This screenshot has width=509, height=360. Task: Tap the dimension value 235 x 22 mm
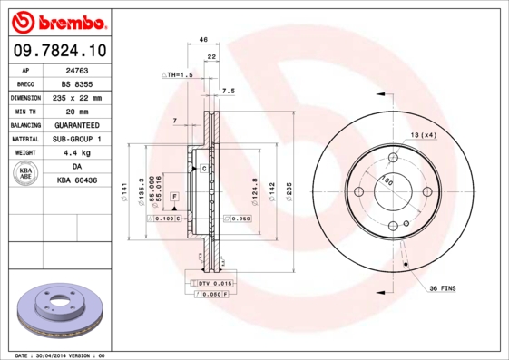(76, 96)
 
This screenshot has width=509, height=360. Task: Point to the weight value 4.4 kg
(76, 153)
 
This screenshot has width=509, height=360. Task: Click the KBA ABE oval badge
(24, 173)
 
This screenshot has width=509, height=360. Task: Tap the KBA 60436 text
(76, 181)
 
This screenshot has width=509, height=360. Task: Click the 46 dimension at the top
(203, 40)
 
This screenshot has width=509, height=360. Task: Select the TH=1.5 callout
(178, 74)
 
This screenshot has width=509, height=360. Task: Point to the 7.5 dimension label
(228, 92)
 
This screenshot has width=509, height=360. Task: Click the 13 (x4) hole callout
(423, 135)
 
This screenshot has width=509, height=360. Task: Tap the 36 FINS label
(443, 288)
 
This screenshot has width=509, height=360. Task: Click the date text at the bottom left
(61, 355)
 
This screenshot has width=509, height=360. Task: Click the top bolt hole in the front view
(392, 158)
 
